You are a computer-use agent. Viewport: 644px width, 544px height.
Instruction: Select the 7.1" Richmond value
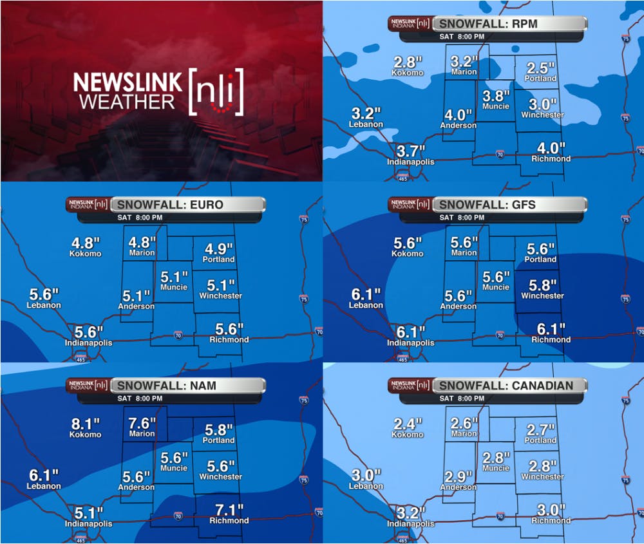(229, 510)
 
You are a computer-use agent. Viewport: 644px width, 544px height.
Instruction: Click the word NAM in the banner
(202, 386)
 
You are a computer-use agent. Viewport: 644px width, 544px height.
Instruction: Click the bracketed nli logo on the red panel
(216, 91)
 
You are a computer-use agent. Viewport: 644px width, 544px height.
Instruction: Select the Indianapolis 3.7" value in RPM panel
(411, 151)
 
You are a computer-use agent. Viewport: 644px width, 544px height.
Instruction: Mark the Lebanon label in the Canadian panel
(366, 486)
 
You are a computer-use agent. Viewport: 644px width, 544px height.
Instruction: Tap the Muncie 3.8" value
(495, 95)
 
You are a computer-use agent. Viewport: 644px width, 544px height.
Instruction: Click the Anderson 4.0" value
(458, 115)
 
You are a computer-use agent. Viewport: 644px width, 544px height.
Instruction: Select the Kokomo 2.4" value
(407, 424)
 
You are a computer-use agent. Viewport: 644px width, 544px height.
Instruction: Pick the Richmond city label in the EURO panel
(229, 339)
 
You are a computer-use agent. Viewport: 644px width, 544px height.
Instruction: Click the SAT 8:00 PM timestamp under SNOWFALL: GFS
(462, 218)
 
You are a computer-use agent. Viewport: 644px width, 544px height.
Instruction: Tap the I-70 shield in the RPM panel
(500, 155)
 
